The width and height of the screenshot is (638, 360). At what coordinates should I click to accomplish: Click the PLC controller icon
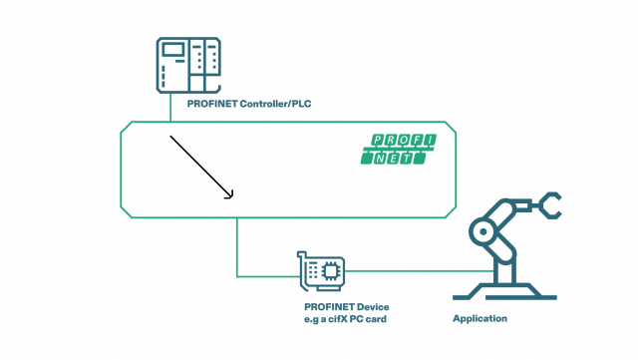click(x=187, y=66)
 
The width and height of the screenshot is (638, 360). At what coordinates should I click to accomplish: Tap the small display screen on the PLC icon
click(x=173, y=50)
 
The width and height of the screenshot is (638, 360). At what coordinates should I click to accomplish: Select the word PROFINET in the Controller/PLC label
click(x=209, y=103)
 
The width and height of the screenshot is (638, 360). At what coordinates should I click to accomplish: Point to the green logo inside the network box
click(x=399, y=149)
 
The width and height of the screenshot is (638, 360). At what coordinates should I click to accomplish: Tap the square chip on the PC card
click(x=325, y=270)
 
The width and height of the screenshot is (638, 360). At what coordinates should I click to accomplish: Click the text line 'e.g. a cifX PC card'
click(x=345, y=319)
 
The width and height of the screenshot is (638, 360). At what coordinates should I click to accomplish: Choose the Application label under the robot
click(x=480, y=319)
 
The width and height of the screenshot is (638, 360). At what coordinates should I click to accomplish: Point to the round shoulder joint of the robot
click(x=483, y=232)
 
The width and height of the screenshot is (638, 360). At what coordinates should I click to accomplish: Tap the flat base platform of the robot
click(x=504, y=295)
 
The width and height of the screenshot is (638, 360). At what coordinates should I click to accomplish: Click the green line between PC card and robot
click(x=419, y=270)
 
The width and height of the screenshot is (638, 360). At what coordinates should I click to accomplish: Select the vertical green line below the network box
click(x=236, y=244)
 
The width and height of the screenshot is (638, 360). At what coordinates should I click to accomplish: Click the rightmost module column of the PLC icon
click(x=211, y=66)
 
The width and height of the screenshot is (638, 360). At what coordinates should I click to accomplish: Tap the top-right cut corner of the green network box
click(x=452, y=127)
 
